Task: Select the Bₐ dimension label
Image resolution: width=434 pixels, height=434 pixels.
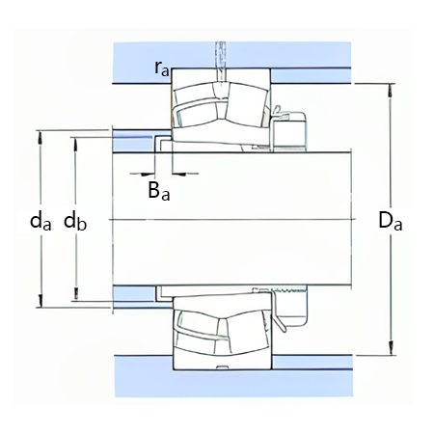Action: point(159,191)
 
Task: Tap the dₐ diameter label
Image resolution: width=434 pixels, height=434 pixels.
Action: point(40,221)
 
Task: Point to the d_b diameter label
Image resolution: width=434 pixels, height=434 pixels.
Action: point(75,221)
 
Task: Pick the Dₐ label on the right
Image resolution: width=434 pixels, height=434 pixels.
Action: point(390,221)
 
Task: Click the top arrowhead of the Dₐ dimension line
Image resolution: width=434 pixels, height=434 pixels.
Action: point(391,92)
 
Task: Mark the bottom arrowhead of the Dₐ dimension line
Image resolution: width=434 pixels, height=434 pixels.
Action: point(391,352)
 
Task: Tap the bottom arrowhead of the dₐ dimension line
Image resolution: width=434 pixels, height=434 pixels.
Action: point(41,303)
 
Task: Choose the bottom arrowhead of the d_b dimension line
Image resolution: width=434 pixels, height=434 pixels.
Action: point(75,297)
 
